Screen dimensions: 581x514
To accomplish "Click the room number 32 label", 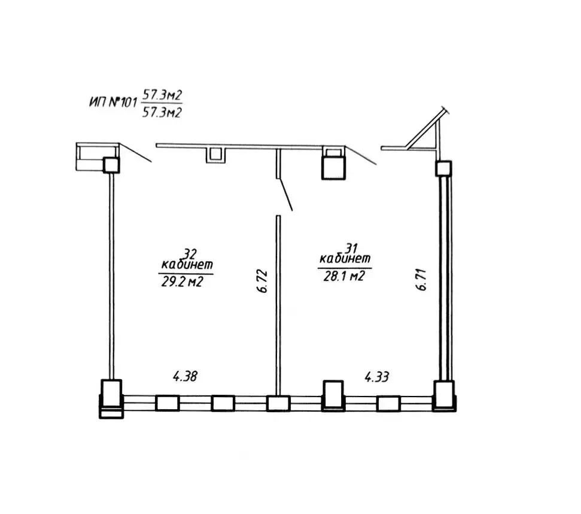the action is tap(189, 254).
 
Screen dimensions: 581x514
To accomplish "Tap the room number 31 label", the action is tap(351, 248).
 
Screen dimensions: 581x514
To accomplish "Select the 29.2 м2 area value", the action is tap(182, 282).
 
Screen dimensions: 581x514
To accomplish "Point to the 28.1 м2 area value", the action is tap(344, 276).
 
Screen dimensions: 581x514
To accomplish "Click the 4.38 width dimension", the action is tap(185, 376).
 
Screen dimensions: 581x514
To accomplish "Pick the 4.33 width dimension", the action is tap(377, 377).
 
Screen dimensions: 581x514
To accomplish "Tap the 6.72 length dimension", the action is tap(262, 281).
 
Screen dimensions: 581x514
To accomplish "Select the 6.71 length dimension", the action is tap(421, 279).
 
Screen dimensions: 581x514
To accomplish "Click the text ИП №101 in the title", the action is tap(113, 102).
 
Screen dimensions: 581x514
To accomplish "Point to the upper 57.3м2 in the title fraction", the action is tap(162, 95).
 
